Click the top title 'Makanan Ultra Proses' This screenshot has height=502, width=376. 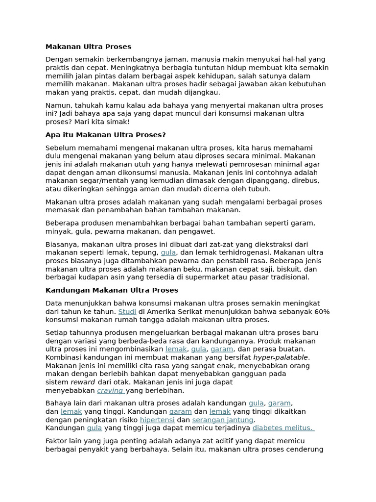88,47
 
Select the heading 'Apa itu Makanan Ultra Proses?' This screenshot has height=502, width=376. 106,135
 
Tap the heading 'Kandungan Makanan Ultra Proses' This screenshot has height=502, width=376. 112,290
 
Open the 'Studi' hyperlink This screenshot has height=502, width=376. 127,312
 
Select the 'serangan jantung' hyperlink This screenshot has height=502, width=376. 223,420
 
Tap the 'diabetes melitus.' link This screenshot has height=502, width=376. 283,428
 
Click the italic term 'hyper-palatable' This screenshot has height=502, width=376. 281,357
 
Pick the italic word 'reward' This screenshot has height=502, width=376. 83,382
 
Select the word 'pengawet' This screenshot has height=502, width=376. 198,231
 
